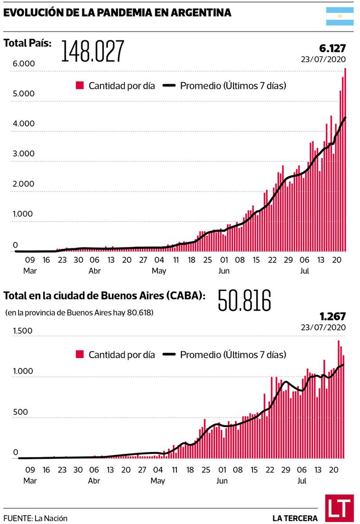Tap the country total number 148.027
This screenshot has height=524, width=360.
[x=93, y=51]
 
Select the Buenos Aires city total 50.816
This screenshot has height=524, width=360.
[x=245, y=300]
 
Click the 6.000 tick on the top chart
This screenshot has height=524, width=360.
[x=24, y=63]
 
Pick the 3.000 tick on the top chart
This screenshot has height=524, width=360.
[x=24, y=153]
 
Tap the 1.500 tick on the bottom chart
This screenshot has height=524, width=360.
[x=22, y=331]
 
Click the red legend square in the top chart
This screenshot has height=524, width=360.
[x=80, y=85]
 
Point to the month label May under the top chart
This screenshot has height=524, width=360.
[x=159, y=271]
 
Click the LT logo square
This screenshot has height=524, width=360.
[x=339, y=508]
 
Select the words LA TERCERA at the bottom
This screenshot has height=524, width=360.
[x=295, y=518]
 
